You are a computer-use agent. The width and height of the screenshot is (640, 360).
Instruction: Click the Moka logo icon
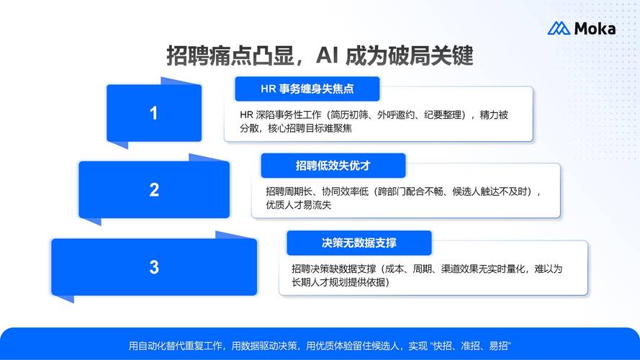[x=559, y=29]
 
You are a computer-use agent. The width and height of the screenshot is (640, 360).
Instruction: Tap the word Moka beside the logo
[x=595, y=29]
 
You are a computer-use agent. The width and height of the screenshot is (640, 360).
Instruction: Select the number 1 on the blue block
[x=153, y=113]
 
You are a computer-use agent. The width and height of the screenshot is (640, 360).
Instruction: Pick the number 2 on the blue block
[x=154, y=190]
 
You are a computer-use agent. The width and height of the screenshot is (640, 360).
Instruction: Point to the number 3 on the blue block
[x=154, y=267]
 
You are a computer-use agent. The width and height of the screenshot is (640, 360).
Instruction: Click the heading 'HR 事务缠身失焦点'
[x=307, y=89]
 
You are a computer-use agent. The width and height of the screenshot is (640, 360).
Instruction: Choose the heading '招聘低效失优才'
[x=333, y=166]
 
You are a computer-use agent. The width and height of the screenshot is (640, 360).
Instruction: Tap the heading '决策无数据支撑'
[x=359, y=243]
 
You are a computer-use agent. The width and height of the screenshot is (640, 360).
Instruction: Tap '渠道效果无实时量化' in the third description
[x=475, y=269]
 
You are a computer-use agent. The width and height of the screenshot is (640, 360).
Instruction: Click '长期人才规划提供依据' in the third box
[x=338, y=282]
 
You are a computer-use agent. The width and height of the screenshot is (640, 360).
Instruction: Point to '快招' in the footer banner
[x=443, y=346]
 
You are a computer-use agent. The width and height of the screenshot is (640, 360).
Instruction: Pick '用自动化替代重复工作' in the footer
[x=176, y=346]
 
